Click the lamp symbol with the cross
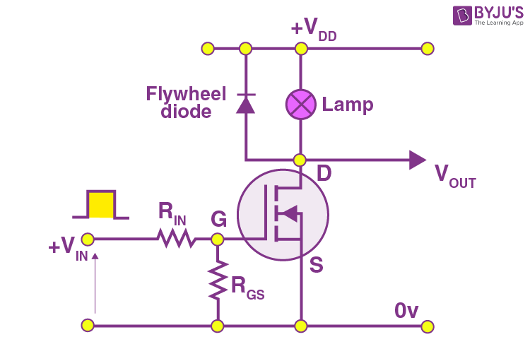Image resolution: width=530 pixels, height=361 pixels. (x=300, y=105)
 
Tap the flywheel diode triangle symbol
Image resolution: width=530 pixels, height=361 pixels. (x=245, y=104)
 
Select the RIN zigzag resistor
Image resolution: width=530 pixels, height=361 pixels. (x=177, y=239)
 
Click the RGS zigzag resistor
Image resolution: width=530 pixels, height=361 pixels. (x=218, y=279)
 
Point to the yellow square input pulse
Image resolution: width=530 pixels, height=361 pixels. (x=101, y=204)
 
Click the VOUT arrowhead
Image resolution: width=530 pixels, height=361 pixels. (x=418, y=160)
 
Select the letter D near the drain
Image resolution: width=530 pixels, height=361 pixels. (x=324, y=174)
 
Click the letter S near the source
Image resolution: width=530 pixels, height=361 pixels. (x=316, y=266)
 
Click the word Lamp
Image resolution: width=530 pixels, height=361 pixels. (x=347, y=105)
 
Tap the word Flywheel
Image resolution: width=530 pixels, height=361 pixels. (x=186, y=94)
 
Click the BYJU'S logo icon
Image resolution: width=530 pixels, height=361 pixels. (x=464, y=16)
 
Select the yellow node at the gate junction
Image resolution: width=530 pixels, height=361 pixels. (x=218, y=239)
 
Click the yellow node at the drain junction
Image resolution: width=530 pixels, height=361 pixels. (x=300, y=160)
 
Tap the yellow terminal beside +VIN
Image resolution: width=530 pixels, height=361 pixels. (x=87, y=239)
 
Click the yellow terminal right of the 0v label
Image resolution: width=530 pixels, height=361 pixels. (x=427, y=326)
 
